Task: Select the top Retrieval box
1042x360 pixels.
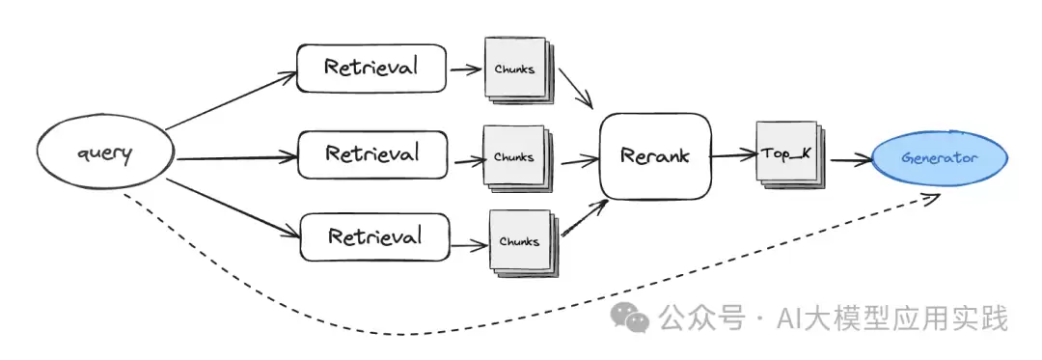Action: tap(370, 68)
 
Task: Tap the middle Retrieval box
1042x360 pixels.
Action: tap(372, 154)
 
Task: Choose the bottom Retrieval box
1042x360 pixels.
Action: tap(374, 237)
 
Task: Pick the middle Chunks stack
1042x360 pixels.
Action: tap(517, 158)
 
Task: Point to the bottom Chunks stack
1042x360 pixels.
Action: tap(523, 242)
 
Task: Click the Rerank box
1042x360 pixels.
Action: tap(655, 156)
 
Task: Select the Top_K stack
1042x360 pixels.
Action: tap(789, 154)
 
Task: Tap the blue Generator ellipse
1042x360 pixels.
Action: tap(940, 158)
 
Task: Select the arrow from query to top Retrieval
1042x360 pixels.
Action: tap(231, 101)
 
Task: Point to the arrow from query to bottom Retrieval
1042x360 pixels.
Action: tap(233, 208)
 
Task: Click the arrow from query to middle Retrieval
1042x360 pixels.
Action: tap(237, 158)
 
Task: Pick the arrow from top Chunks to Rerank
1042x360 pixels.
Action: tap(575, 88)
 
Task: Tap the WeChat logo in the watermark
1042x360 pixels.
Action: tap(630, 318)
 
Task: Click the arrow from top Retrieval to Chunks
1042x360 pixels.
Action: tap(467, 69)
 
